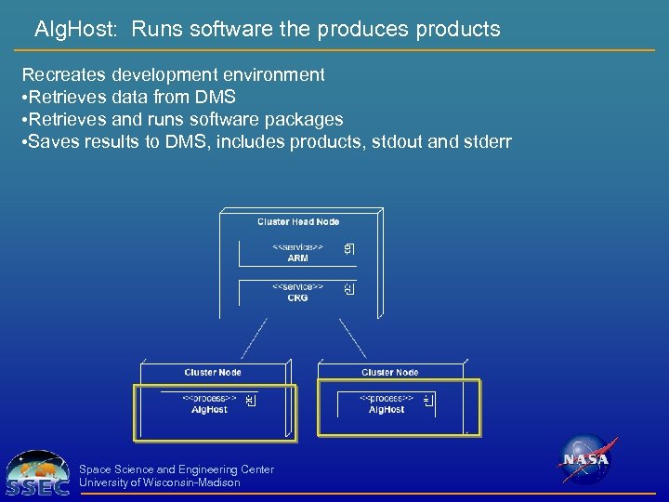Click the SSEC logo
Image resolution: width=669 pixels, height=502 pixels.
(x=37, y=474)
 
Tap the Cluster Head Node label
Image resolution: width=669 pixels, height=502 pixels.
(x=298, y=221)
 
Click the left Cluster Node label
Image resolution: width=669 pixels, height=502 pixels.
(x=213, y=372)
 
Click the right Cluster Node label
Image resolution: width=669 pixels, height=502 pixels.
(x=390, y=372)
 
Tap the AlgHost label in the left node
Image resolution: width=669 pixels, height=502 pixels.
(x=209, y=409)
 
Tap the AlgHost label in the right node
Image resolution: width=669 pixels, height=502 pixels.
(x=387, y=409)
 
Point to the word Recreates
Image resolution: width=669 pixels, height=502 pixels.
(x=66, y=74)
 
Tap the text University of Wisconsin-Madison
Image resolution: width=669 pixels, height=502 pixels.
(x=160, y=482)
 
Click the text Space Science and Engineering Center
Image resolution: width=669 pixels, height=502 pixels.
(x=177, y=469)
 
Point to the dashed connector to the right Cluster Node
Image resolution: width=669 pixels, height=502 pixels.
(x=351, y=339)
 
